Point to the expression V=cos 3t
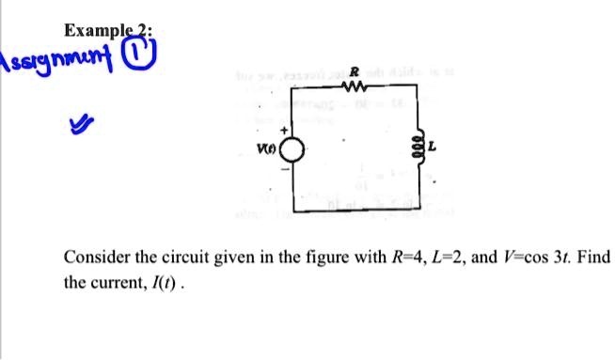click(539, 257)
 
